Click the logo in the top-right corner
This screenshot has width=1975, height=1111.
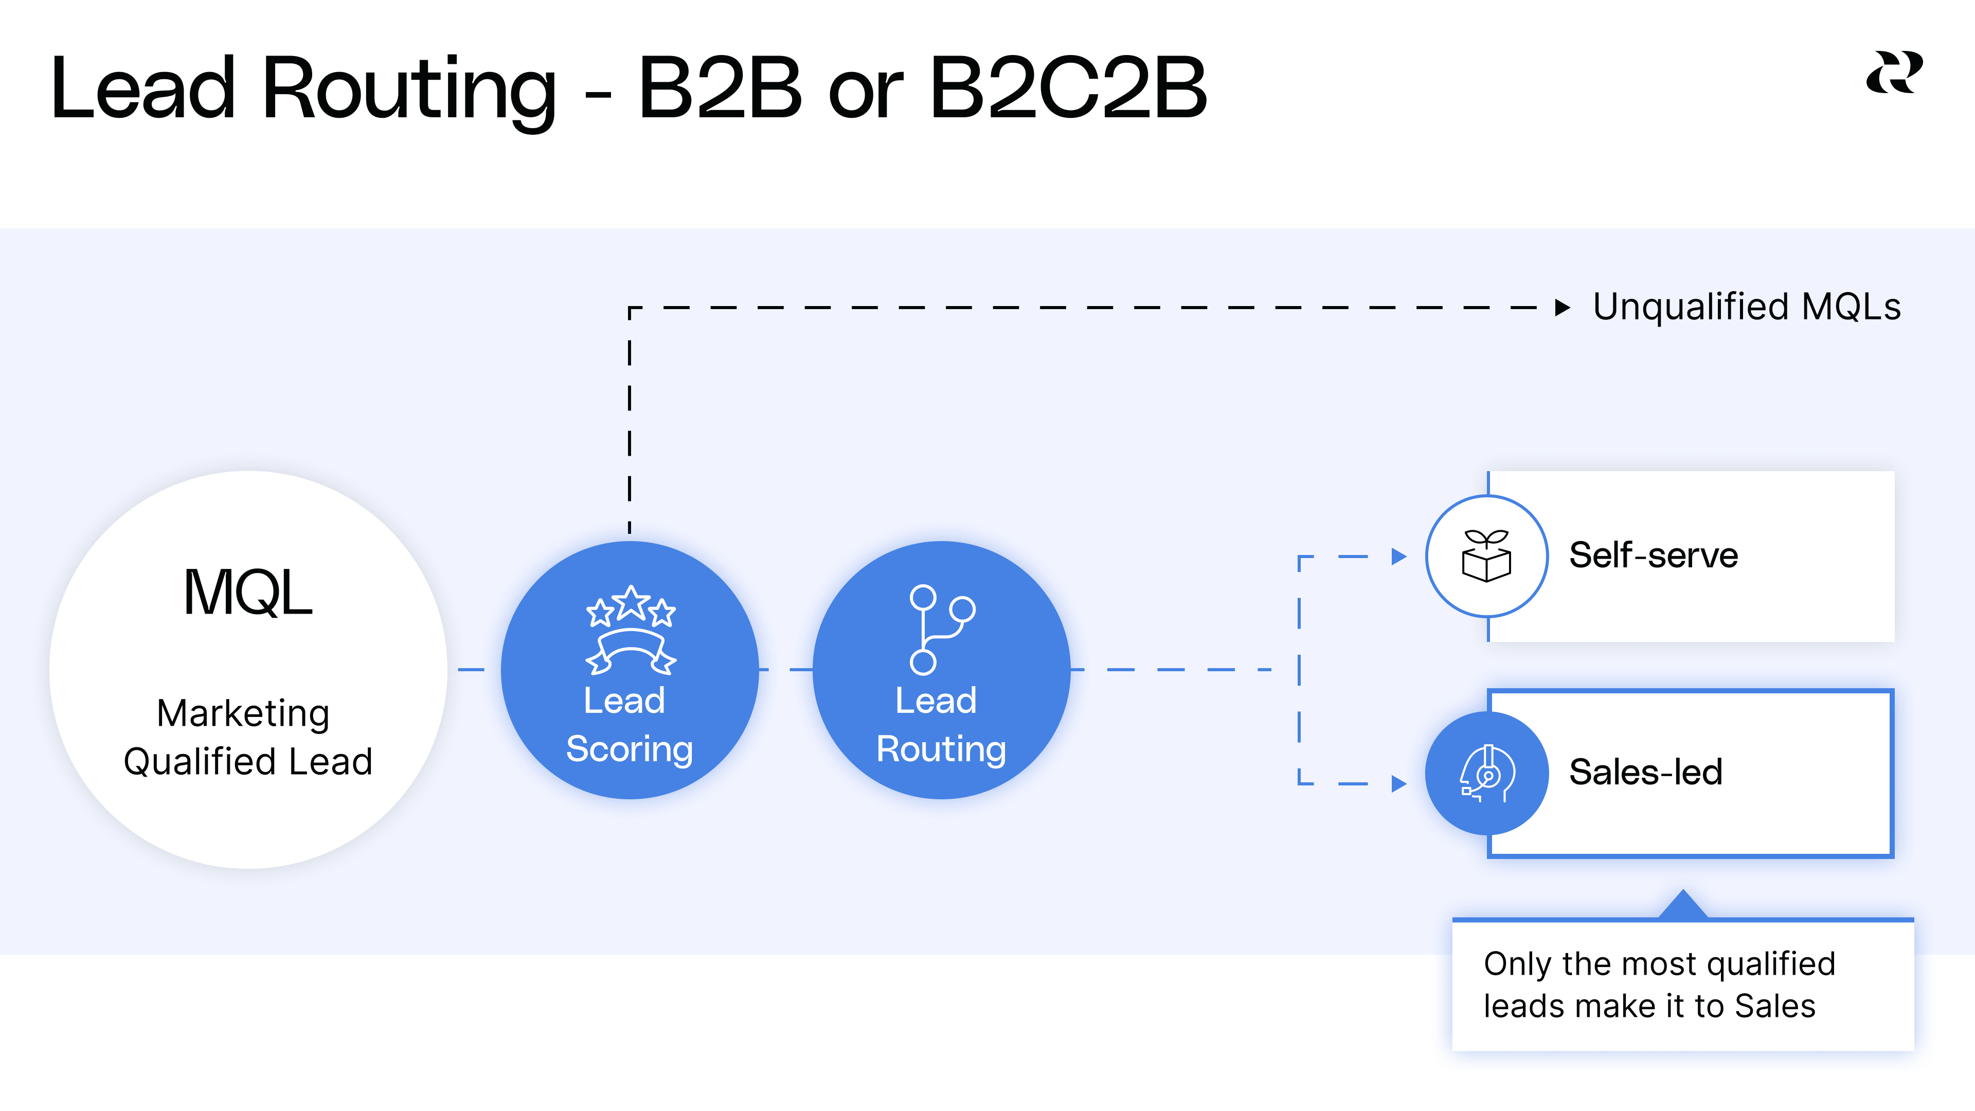tap(1894, 73)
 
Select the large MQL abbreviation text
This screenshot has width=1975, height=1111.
tap(247, 593)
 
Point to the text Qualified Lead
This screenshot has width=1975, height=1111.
tap(247, 761)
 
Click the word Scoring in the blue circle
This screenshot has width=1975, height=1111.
tap(630, 749)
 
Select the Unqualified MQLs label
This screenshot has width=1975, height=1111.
tap(1747, 307)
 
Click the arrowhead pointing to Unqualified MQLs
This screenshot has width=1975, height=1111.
tap(1563, 308)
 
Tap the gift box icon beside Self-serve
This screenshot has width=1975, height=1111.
tap(1486, 556)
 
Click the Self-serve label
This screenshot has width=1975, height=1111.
tap(1653, 555)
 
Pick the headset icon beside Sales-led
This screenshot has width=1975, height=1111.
tap(1486, 773)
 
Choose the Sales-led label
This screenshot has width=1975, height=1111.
tap(1645, 772)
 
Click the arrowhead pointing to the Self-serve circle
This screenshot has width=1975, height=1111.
tap(1398, 557)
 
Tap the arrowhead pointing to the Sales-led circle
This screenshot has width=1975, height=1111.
tap(1398, 783)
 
